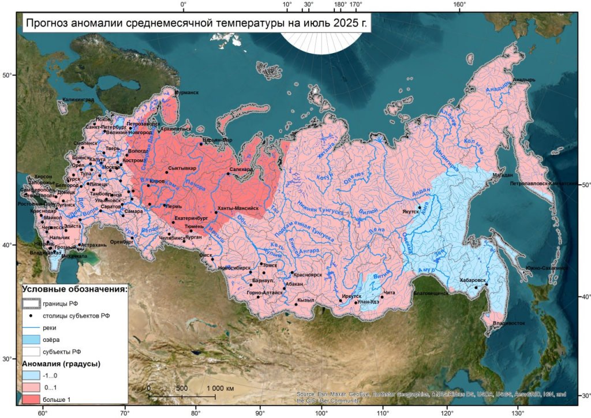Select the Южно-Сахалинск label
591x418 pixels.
tap(546, 268)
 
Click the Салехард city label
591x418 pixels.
tap(241, 169)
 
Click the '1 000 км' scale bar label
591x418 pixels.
tap(219, 389)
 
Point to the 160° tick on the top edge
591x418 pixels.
tap(459, 5)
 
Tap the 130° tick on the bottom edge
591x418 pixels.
tap(518, 413)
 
